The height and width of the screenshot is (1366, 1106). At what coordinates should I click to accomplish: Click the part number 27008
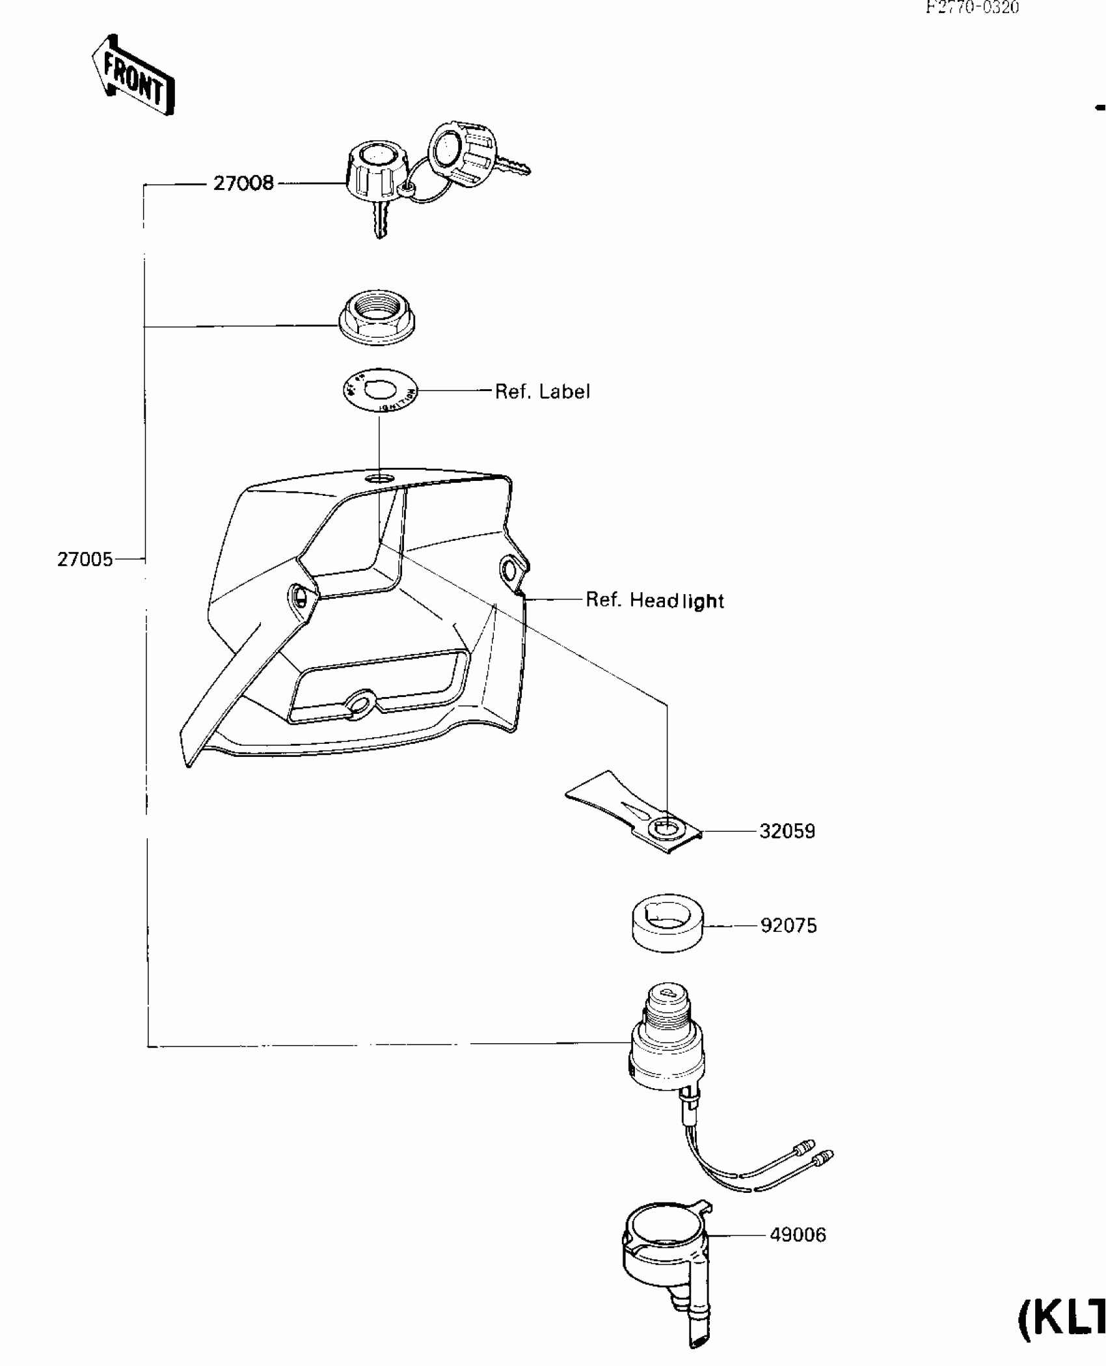(243, 184)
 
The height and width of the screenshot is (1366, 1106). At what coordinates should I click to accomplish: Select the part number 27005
(85, 559)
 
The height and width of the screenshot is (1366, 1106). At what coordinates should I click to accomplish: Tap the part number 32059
(787, 832)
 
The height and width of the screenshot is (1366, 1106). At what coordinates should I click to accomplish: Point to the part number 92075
(788, 925)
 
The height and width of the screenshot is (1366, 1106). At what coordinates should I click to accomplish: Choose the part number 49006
(798, 1235)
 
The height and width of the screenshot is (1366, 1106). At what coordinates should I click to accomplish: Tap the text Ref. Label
(542, 392)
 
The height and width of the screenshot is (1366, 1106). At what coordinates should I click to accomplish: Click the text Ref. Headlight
(654, 600)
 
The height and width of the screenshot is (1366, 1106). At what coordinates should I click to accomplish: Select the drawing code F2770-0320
(972, 8)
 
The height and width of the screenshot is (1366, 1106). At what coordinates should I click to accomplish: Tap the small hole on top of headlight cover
(380, 479)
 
